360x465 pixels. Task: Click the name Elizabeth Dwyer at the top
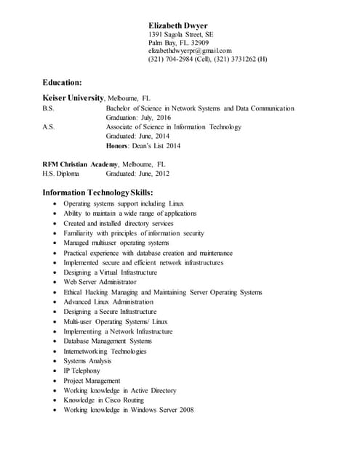[177, 25]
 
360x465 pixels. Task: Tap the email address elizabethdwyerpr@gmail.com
[190, 51]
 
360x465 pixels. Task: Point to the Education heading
[62, 83]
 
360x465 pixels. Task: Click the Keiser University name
[73, 97]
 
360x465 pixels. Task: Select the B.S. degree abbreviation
[48, 108]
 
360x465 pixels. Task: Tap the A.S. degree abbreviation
[48, 127]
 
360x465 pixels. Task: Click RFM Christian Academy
[81, 165]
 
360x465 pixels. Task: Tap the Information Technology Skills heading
[97, 193]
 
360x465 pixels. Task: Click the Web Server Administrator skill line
[100, 282]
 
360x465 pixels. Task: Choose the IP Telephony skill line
[81, 371]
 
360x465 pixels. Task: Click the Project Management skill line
[92, 381]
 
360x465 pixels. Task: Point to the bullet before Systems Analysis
[55, 361]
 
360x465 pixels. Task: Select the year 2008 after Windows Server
[185, 411]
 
